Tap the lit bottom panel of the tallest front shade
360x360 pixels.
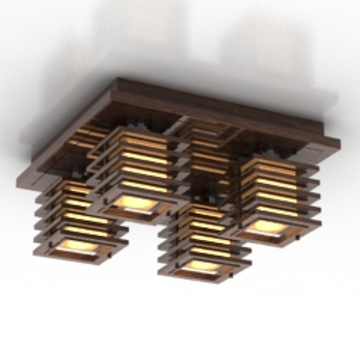134,201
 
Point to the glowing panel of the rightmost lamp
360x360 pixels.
268,225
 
